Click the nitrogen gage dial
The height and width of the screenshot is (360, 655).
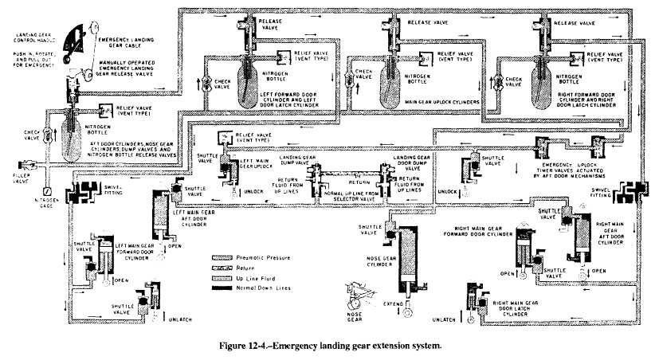[x=47, y=192]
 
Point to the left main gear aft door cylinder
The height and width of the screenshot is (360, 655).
[x=159, y=216]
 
